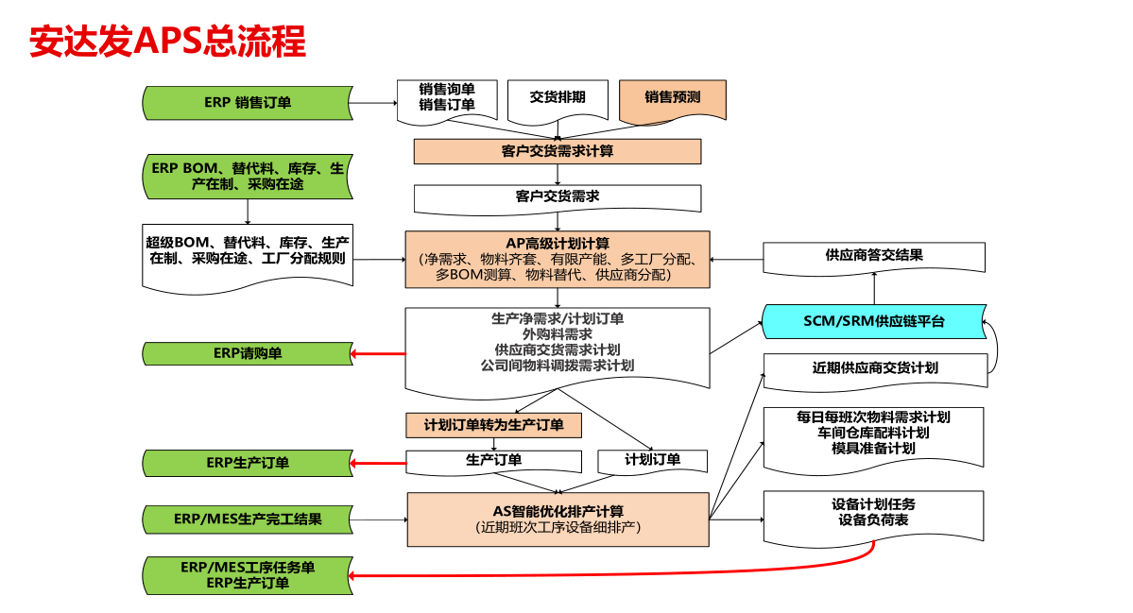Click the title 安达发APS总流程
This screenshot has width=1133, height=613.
coord(167,41)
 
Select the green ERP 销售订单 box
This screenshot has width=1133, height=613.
coord(248,103)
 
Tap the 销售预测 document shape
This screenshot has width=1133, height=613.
coord(673,99)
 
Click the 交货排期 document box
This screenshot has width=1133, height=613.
coord(558,99)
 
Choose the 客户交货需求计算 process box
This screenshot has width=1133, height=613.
coord(558,152)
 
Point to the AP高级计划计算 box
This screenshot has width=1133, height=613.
coord(558,259)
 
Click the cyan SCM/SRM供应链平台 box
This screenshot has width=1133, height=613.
coord(874,321)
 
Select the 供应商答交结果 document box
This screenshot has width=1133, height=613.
coord(874,257)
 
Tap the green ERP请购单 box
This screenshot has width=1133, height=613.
coord(248,354)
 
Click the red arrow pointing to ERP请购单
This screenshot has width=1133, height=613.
coord(379,354)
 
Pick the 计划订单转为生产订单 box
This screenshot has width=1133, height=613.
coord(493,425)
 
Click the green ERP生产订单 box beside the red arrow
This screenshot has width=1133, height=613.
coord(248,463)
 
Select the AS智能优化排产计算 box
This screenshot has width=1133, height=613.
coord(558,519)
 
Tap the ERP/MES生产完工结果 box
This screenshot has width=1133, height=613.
coord(248,519)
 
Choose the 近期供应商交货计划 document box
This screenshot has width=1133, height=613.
coord(875,370)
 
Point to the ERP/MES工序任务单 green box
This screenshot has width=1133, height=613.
coord(248,575)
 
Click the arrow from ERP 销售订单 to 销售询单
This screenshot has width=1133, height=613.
coord(375,103)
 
